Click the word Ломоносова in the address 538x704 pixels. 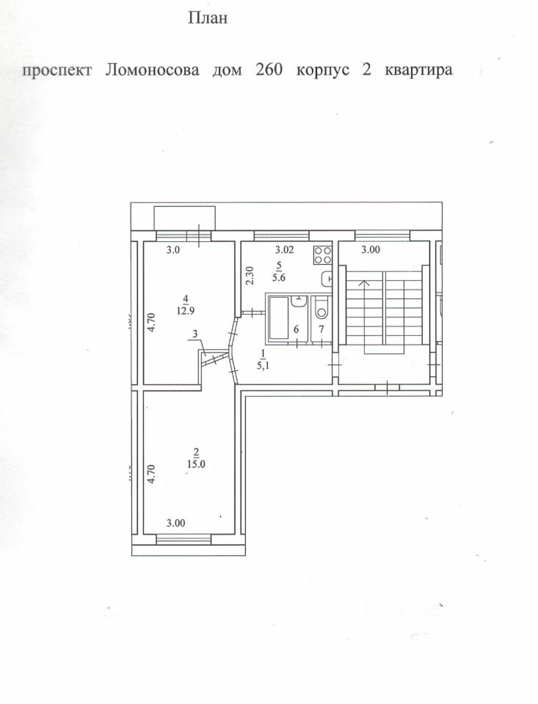coord(151,70)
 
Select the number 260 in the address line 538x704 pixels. coord(269,70)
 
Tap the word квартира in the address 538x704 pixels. coord(414,70)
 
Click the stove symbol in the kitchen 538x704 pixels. coord(321,255)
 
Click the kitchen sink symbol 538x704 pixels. coord(328,279)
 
